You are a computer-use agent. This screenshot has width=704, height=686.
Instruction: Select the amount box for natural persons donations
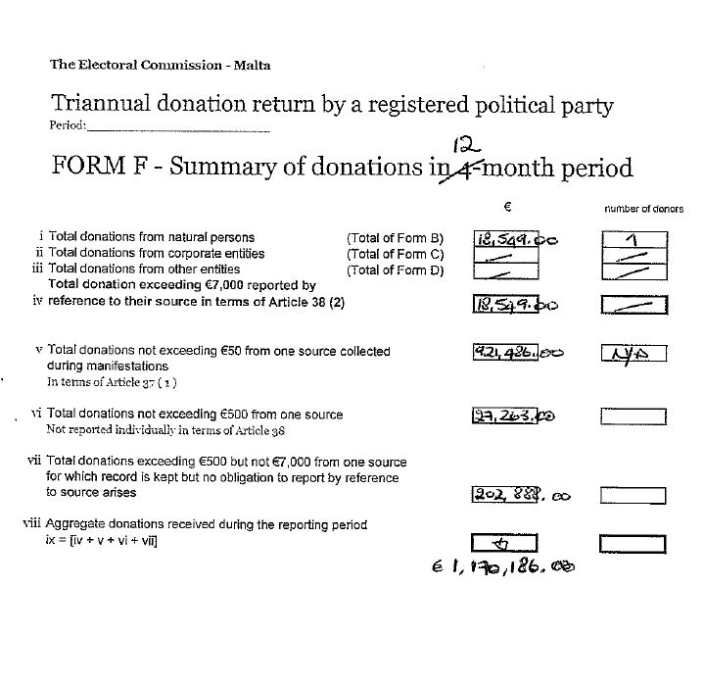(505, 239)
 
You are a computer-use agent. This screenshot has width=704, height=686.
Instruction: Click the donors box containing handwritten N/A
(633, 354)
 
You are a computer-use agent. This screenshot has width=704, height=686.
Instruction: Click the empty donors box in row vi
(633, 416)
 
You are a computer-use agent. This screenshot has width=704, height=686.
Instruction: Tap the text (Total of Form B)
(395, 237)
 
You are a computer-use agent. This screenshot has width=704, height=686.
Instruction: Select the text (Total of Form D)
(395, 269)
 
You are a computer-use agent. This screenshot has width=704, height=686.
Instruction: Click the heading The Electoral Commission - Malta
(161, 66)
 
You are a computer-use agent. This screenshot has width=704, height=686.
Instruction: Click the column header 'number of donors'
(643, 209)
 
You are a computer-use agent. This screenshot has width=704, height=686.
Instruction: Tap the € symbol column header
(508, 207)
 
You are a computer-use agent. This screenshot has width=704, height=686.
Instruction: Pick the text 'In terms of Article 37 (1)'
(112, 381)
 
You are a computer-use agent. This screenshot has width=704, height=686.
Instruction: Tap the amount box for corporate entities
(505, 255)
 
